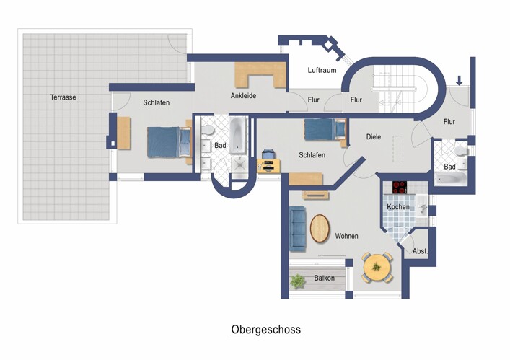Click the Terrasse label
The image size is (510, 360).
[63, 97]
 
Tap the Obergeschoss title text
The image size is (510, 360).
[265, 330]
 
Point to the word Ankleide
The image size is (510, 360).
[243, 95]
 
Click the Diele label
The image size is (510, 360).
[373, 136]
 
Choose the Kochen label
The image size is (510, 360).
[397, 207]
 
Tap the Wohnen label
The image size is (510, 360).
[346, 236]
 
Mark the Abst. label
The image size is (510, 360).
[420, 251]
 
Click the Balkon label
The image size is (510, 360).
[324, 278]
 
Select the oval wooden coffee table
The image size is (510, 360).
[320, 230]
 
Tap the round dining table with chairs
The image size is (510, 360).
[377, 268]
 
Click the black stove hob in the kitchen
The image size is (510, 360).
[400, 187]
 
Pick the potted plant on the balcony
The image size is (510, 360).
[296, 279]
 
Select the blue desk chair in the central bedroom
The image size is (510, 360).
[268, 154]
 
